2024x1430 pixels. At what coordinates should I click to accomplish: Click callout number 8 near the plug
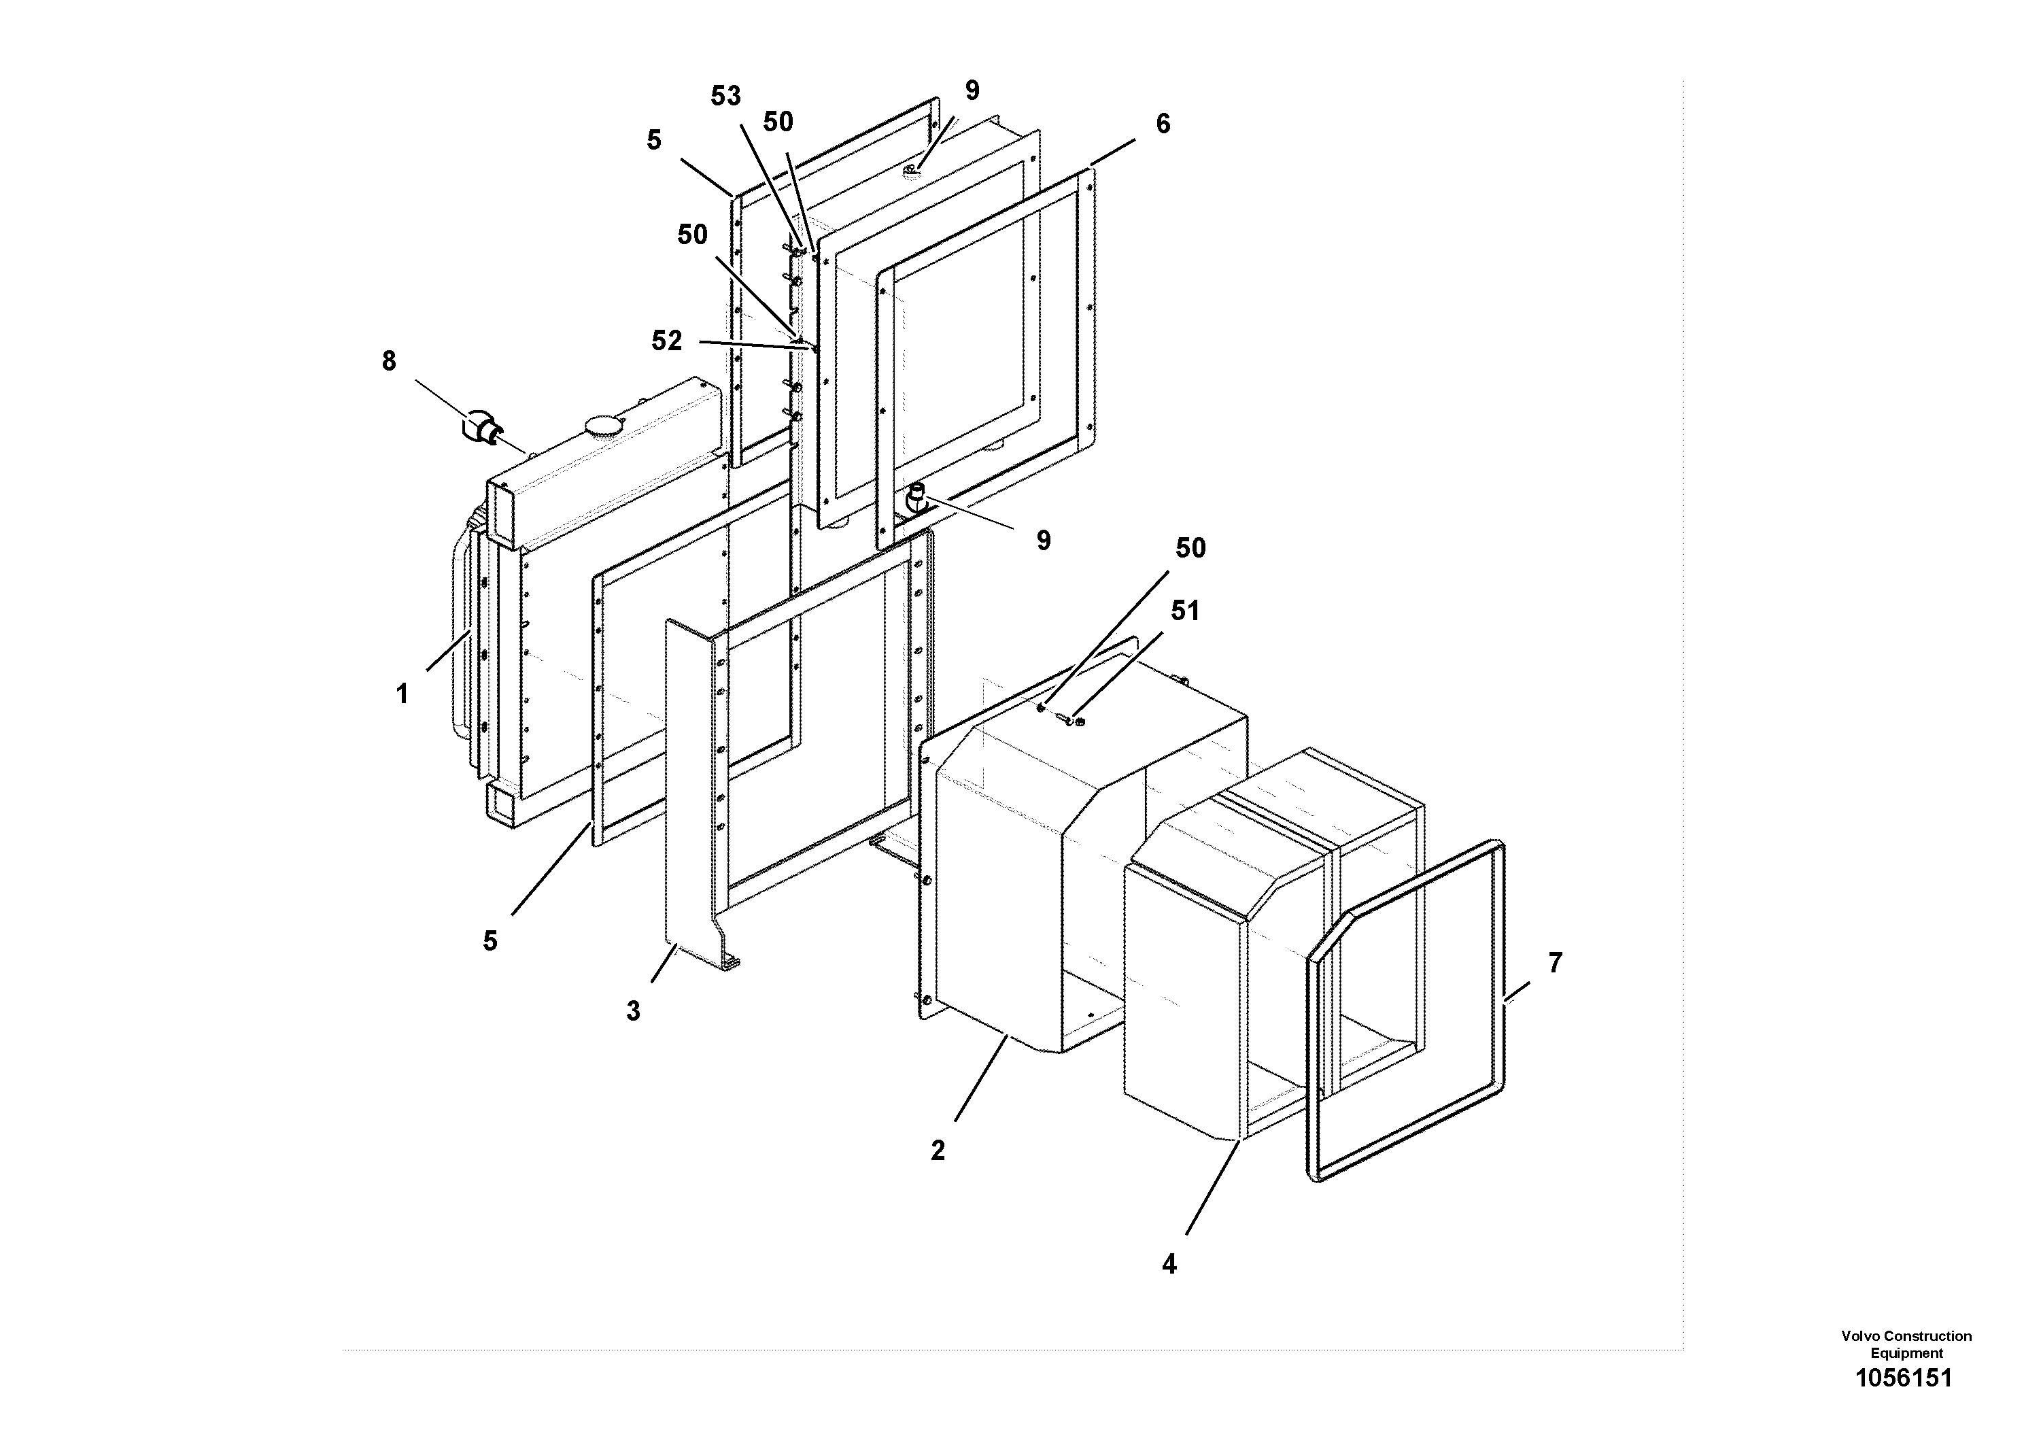point(389,362)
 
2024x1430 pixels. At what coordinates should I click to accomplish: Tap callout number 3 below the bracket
point(633,1011)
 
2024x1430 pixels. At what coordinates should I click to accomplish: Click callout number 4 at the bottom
point(1169,1264)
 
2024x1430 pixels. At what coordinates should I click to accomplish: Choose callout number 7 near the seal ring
point(1555,963)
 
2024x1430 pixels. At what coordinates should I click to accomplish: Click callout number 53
point(725,96)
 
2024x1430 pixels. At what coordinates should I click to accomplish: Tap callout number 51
point(1185,611)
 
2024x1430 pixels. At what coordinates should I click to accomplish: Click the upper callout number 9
point(972,91)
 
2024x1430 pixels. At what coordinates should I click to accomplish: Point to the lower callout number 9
point(1043,541)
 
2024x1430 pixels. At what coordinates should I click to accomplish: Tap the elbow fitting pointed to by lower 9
point(916,499)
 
